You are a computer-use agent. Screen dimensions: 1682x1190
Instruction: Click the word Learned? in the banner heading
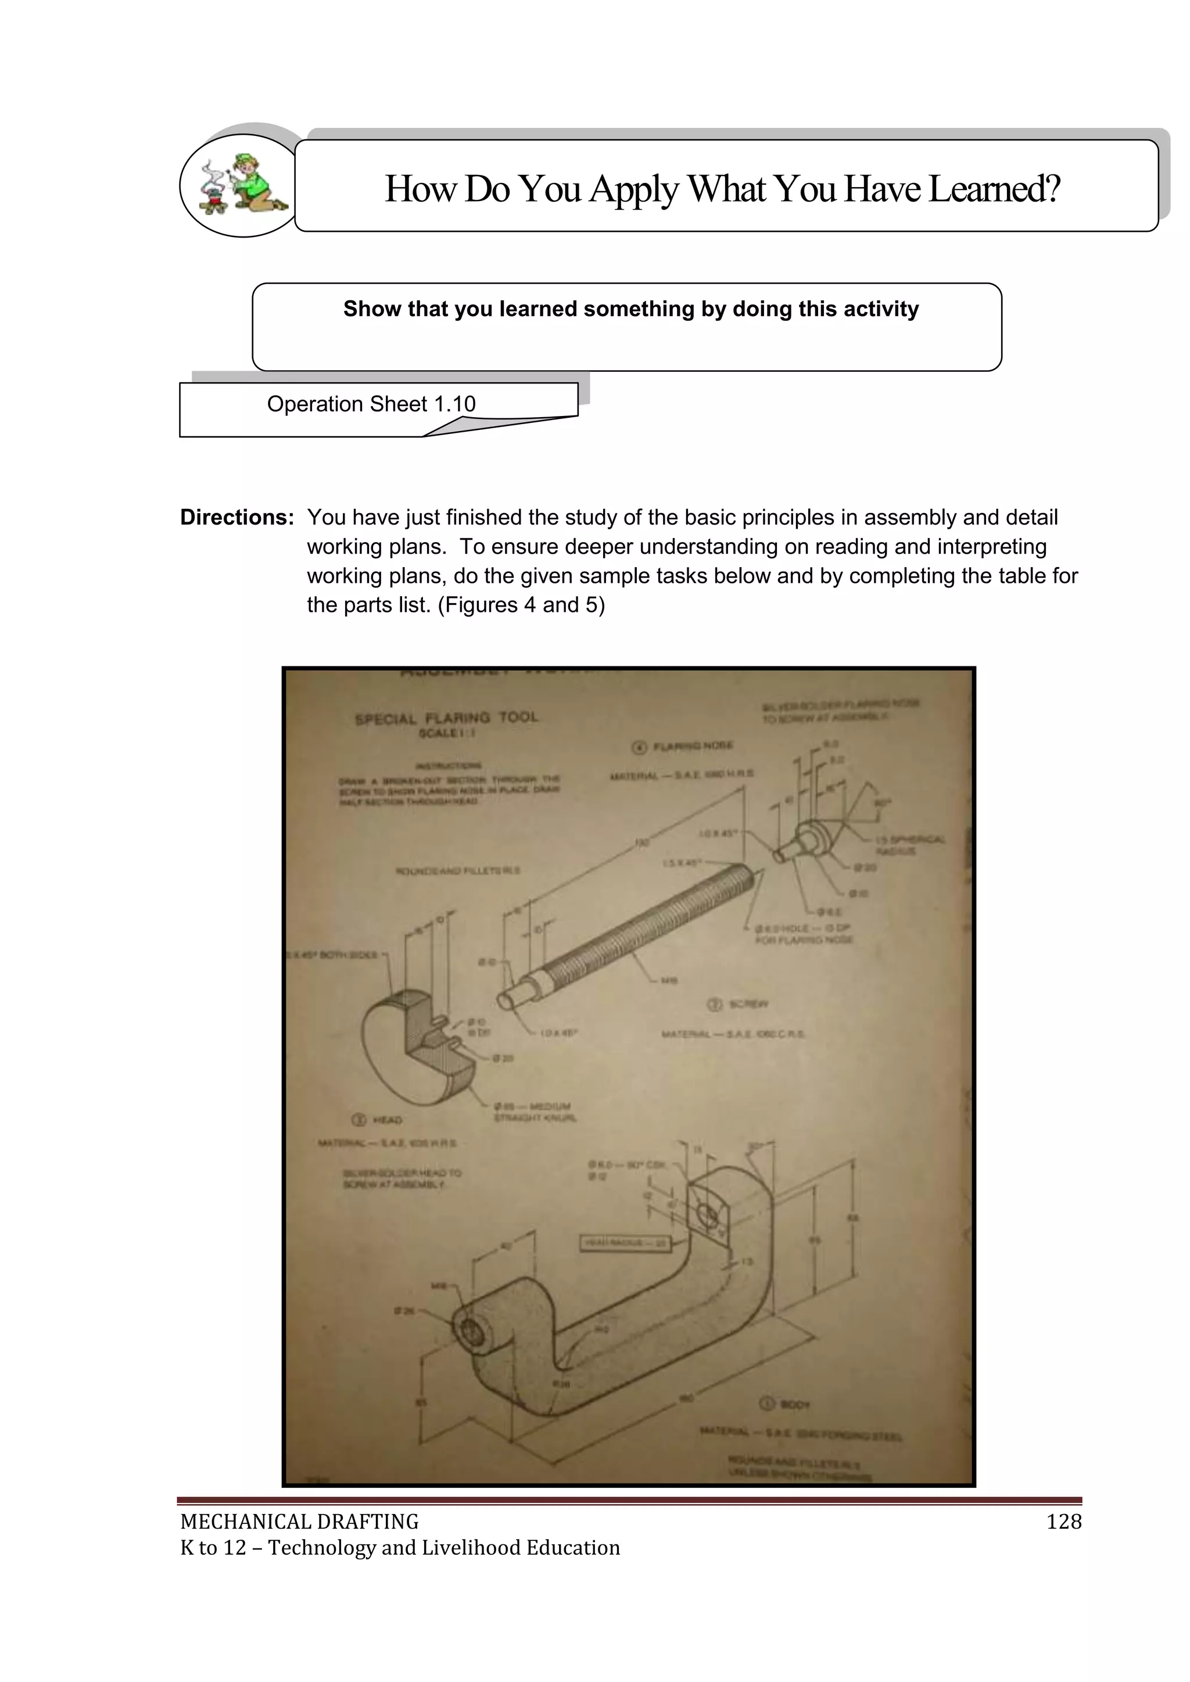[994, 189]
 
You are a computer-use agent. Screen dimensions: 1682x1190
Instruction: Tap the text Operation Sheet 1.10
[371, 404]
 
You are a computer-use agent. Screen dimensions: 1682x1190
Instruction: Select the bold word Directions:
[236, 517]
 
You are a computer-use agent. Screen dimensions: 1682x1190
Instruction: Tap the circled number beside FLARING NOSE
[639, 747]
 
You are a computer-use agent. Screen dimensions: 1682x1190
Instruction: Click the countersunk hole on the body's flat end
[708, 1217]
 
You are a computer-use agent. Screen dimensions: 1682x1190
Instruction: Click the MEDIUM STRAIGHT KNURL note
[535, 1112]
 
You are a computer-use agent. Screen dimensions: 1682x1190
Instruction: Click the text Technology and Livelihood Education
[443, 1547]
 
